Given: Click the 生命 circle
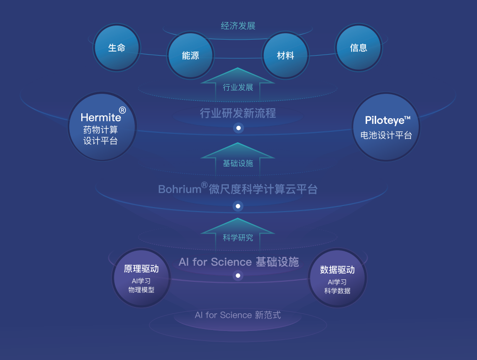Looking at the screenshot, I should (116, 48).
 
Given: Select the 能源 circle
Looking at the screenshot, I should (191, 56).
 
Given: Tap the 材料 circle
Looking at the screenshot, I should (285, 56).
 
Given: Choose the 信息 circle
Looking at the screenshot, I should (359, 48).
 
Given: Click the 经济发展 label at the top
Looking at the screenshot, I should (238, 26).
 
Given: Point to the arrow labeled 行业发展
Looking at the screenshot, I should (238, 85).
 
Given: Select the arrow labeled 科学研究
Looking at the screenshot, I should (238, 235).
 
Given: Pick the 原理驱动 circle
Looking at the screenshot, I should (141, 278).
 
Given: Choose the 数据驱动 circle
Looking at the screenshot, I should (337, 278).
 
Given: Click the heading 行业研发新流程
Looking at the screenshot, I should (238, 113).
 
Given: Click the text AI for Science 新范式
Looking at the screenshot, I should (238, 315).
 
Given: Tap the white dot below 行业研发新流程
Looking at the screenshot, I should (239, 128).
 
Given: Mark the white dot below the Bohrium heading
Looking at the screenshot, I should (238, 206).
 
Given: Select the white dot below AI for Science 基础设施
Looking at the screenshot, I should (238, 275).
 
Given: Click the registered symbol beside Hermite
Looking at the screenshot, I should (122, 110).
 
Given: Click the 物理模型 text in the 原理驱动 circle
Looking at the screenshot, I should (141, 290).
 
